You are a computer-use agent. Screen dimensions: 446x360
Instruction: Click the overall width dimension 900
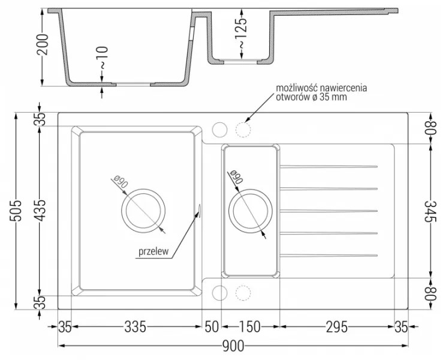click(x=233, y=346)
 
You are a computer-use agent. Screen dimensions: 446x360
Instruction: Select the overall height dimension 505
click(x=16, y=211)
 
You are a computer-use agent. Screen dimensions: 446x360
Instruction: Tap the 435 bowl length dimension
click(x=40, y=211)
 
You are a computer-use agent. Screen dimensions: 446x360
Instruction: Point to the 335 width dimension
click(x=135, y=327)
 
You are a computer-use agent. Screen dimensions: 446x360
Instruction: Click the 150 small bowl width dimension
click(x=249, y=327)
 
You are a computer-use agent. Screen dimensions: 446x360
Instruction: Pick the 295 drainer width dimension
click(x=337, y=327)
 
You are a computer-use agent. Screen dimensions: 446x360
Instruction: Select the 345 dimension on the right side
click(x=430, y=211)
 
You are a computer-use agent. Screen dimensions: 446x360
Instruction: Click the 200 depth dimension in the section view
click(x=43, y=44)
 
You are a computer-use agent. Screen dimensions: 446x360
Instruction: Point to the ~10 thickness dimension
click(x=102, y=58)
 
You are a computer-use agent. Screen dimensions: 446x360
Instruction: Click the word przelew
click(x=153, y=251)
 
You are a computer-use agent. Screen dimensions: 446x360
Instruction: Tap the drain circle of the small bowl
click(x=251, y=211)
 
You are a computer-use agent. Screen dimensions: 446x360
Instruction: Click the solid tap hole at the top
click(x=219, y=130)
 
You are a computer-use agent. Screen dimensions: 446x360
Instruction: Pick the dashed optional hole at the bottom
click(x=243, y=293)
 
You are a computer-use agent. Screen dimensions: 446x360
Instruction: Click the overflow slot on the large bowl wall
click(x=200, y=211)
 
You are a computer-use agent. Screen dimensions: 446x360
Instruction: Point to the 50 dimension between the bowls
click(x=212, y=327)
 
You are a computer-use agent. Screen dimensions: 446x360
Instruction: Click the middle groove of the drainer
click(x=329, y=211)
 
